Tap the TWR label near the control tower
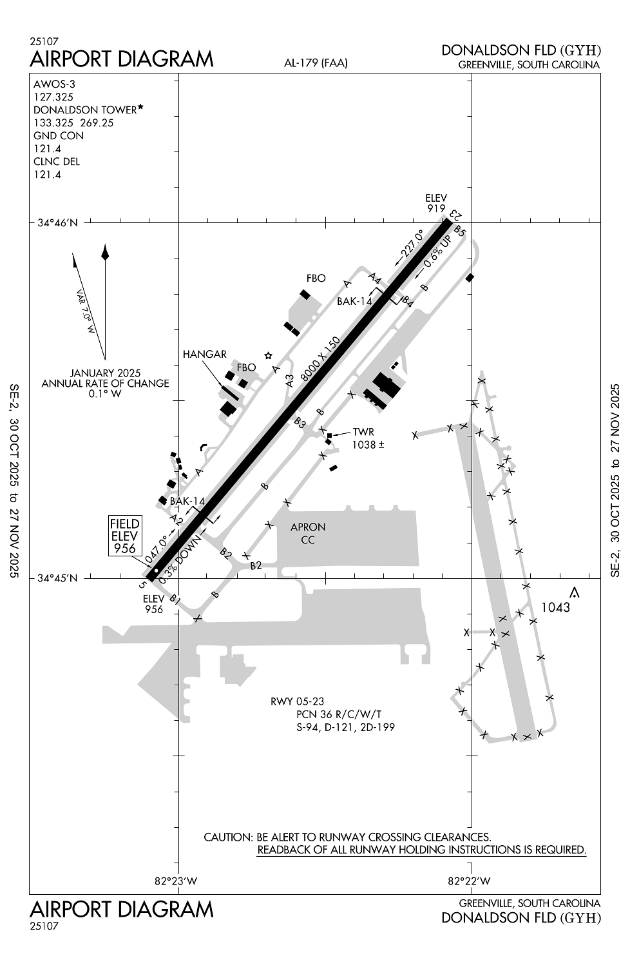[x=363, y=432]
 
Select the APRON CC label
[x=308, y=533]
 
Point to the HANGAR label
[x=204, y=354]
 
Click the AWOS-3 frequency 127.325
[x=53, y=97]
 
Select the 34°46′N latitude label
[x=57, y=224]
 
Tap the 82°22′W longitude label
[x=469, y=881]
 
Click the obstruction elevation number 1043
[x=556, y=607]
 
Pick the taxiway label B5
[x=459, y=230]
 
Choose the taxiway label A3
[x=290, y=380]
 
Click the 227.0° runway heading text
[x=411, y=246]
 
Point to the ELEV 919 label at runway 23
[x=436, y=203]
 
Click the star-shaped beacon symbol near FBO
[x=269, y=355]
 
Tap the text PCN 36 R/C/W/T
[x=339, y=714]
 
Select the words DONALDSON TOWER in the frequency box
[x=84, y=110]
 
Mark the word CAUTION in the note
[x=227, y=837]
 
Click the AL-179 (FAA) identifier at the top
[x=316, y=63]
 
